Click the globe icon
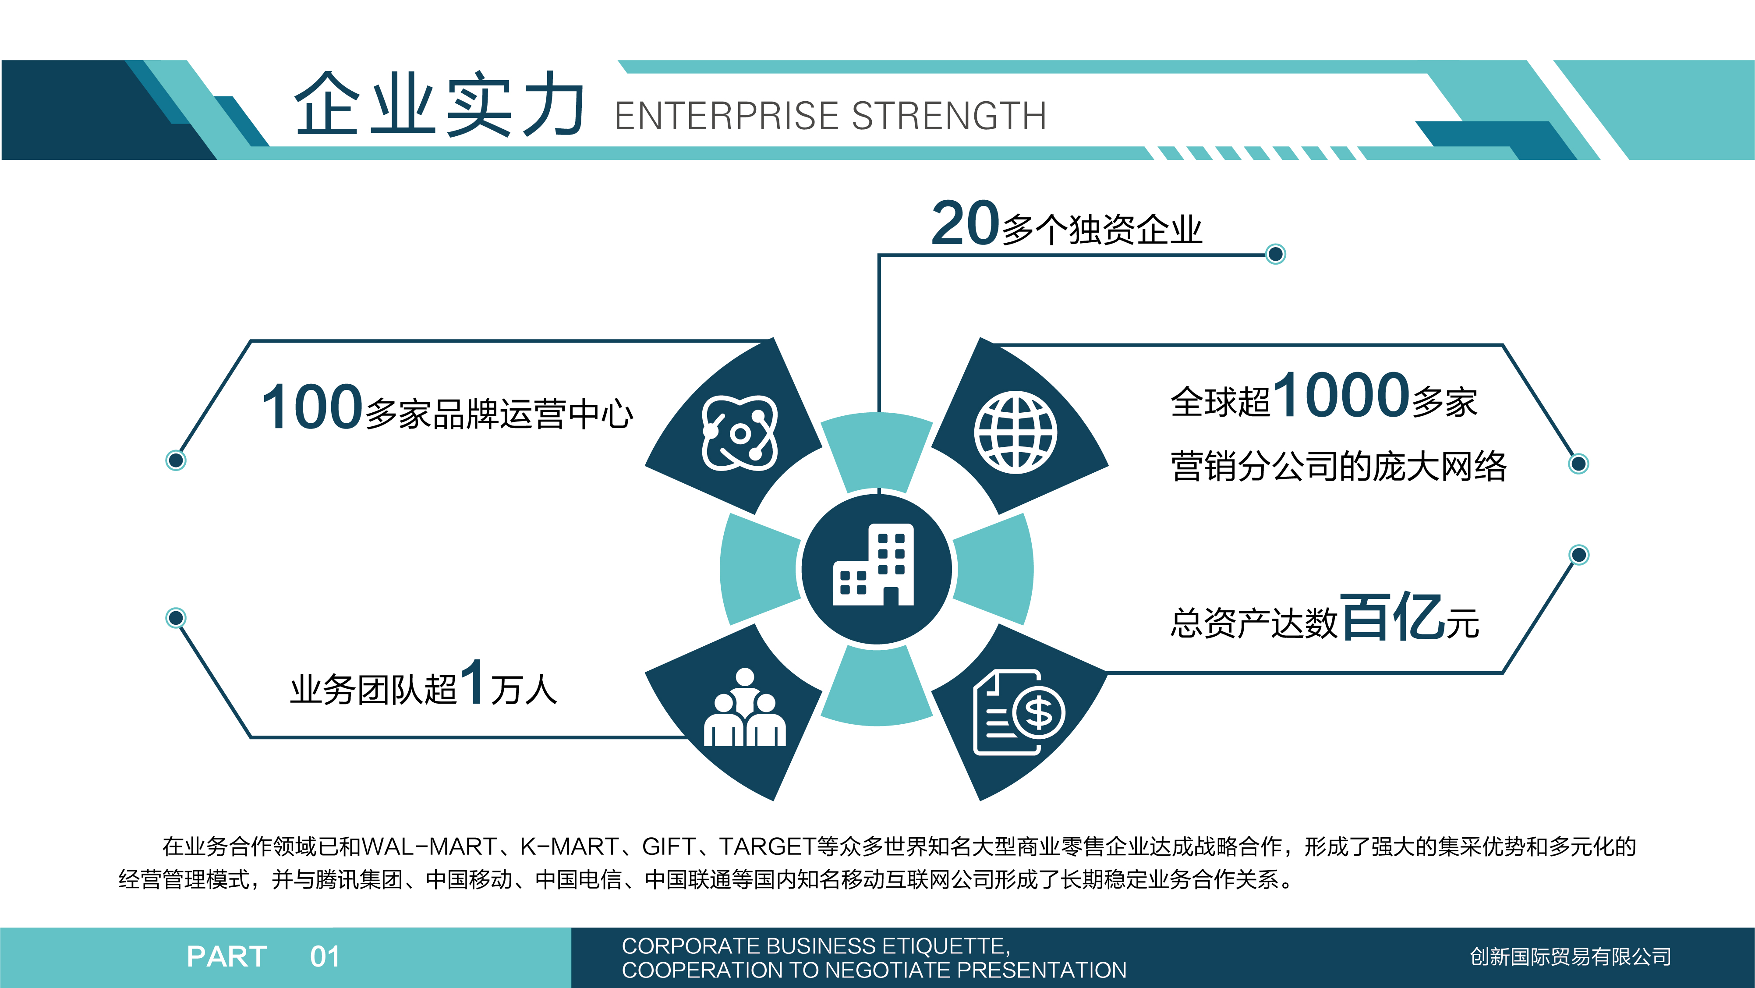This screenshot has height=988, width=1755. [1015, 433]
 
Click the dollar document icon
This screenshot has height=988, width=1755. [1019, 712]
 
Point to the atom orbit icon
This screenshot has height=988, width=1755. [740, 433]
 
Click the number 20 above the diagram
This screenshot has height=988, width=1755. [966, 223]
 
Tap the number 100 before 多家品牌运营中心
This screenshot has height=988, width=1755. [312, 407]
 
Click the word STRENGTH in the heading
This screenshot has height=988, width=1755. [949, 116]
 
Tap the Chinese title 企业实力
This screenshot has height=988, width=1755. [439, 104]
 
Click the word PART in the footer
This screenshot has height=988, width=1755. [227, 956]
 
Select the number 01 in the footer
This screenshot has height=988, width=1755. [325, 956]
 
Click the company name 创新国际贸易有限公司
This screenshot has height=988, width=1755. [1571, 956]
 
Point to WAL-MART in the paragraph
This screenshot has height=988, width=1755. [429, 846]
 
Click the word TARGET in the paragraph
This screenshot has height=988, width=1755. [768, 846]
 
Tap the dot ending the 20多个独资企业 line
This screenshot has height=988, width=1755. [1275, 254]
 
